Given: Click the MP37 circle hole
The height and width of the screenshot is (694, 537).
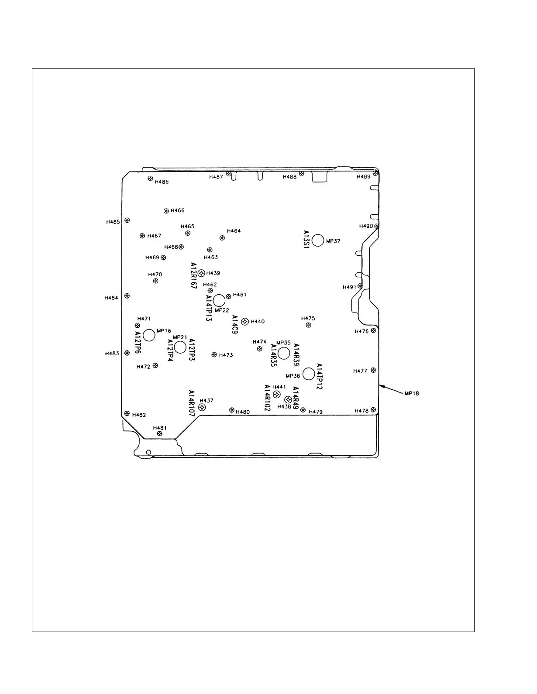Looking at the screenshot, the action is click(x=318, y=240).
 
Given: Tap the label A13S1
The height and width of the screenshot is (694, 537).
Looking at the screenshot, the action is click(x=306, y=240).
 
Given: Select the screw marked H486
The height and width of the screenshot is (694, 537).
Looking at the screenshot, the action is click(x=150, y=178).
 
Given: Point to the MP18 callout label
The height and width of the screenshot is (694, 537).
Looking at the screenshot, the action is click(x=412, y=393).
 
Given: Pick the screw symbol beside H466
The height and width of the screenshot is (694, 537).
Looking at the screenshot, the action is click(x=166, y=211).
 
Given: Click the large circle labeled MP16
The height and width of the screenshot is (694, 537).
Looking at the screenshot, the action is click(x=149, y=335).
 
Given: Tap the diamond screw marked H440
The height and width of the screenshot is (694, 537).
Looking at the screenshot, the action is click(x=245, y=322).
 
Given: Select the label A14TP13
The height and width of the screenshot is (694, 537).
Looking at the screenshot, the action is click(x=209, y=308).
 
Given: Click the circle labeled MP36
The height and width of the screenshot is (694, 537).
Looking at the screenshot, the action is click(x=309, y=374).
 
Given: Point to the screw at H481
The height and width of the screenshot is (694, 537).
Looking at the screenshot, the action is click(x=160, y=433).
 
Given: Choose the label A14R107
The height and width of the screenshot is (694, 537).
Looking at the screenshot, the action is click(x=191, y=403).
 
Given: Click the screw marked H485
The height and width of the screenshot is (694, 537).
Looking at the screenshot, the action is click(x=127, y=220).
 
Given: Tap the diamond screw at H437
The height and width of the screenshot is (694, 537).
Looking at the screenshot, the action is click(x=202, y=407).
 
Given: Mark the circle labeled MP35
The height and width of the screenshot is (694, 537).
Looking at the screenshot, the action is click(x=284, y=353).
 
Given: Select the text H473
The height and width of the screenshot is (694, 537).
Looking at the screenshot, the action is click(x=226, y=355).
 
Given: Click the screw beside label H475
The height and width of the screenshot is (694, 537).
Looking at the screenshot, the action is click(x=309, y=325).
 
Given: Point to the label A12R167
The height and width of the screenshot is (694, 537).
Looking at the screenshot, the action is click(x=194, y=276).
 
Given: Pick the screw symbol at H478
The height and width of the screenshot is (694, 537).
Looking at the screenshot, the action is click(x=373, y=410).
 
